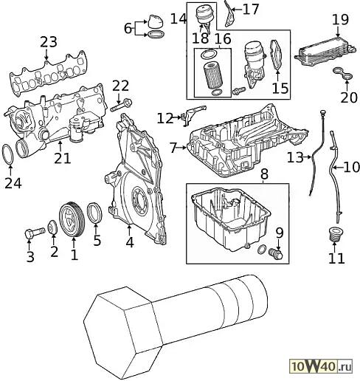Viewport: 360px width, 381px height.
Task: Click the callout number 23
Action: (49, 42)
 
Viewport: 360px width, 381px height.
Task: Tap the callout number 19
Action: (340, 20)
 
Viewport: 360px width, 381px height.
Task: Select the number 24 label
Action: (13, 183)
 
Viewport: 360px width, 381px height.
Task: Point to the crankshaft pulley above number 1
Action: (72, 219)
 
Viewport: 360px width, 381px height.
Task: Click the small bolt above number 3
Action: (35, 233)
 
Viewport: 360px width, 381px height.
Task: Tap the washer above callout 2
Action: (52, 227)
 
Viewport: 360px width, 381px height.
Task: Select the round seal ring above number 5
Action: (94, 213)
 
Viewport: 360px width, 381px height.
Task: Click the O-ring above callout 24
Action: (7, 154)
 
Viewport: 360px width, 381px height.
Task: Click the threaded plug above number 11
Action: (336, 233)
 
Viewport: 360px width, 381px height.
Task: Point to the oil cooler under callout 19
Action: (325, 52)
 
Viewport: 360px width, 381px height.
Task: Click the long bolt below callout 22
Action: (121, 105)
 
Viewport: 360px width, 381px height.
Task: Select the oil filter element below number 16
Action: (212, 76)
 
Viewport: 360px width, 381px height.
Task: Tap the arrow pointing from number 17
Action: (236, 10)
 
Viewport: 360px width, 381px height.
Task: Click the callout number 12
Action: (165, 118)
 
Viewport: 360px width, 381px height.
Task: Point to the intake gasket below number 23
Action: (49, 73)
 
